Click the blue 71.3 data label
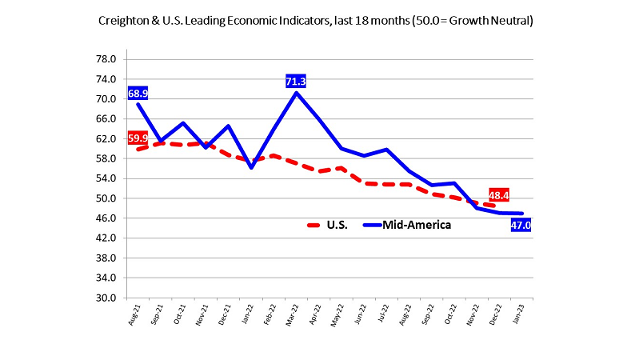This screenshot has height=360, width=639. tap(296, 81)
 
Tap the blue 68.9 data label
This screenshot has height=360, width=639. tap(138, 94)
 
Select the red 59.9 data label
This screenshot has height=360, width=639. tap(138, 138)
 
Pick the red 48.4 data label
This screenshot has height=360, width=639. tap(499, 195)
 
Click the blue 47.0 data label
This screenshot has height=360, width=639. tap(521, 226)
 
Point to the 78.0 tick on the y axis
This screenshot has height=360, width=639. tap(107, 59)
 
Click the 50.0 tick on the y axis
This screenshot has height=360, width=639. tap(107, 198)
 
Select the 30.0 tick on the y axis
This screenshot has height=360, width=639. tap(107, 298)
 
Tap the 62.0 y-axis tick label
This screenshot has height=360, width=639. tap(107, 138)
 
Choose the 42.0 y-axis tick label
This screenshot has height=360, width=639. tap(107, 238)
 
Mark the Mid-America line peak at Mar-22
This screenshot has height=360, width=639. tap(297, 93)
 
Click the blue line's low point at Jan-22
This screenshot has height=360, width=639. tap(251, 167)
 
